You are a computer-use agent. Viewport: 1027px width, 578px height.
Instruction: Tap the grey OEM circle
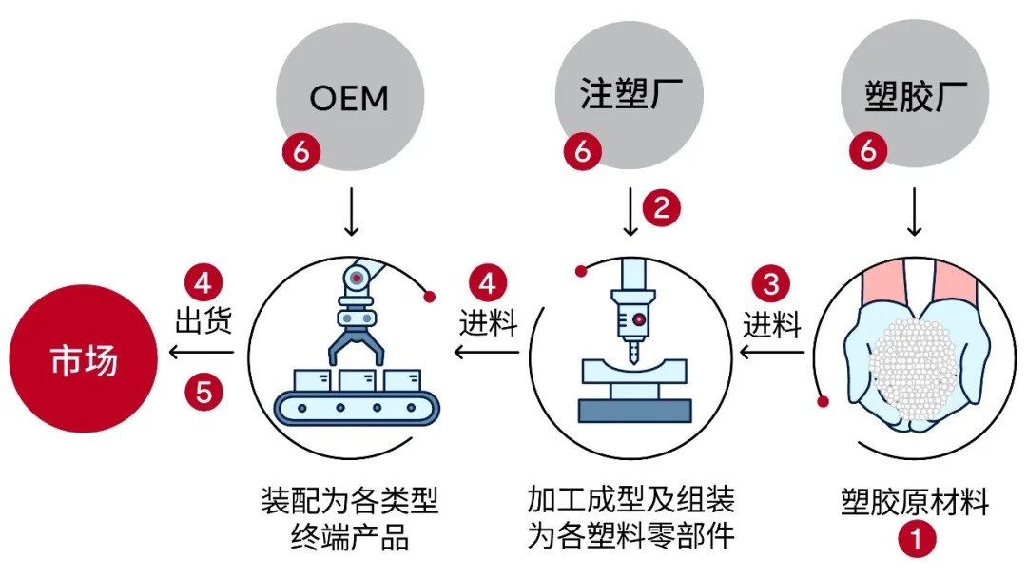[349, 96]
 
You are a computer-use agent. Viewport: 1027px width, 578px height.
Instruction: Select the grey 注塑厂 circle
[629, 95]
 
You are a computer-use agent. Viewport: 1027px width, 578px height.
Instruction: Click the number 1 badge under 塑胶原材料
[916, 539]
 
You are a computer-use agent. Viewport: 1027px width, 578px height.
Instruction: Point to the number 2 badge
[662, 206]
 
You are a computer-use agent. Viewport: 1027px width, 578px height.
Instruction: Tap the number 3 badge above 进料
[771, 283]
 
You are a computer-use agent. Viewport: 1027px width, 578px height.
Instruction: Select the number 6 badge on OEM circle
[301, 152]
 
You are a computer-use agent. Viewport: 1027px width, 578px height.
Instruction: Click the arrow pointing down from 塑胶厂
[915, 213]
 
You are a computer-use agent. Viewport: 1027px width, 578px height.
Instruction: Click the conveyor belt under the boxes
[357, 407]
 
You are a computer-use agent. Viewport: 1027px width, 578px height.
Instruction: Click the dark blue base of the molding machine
[630, 410]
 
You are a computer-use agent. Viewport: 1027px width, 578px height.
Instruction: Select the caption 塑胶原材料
[915, 500]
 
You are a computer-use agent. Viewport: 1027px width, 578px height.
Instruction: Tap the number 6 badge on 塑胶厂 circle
[867, 151]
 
